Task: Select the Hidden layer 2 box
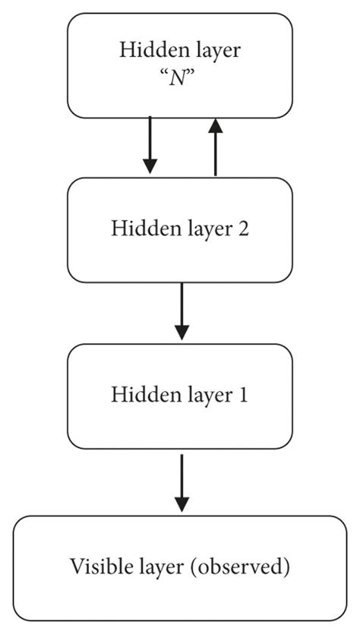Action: (x=180, y=229)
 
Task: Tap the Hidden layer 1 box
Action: (x=180, y=395)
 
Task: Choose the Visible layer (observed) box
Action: (x=180, y=567)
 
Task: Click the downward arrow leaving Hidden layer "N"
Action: (x=150, y=145)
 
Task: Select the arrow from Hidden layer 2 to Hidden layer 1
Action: (x=181, y=311)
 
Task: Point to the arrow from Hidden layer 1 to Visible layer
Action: (x=181, y=482)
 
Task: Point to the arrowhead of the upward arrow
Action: (x=216, y=126)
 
